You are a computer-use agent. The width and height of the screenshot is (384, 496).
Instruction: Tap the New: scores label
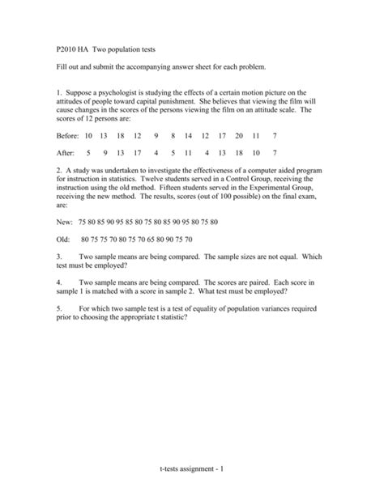[x=66, y=221]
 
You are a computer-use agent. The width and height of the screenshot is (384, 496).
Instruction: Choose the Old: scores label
[x=65, y=239]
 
